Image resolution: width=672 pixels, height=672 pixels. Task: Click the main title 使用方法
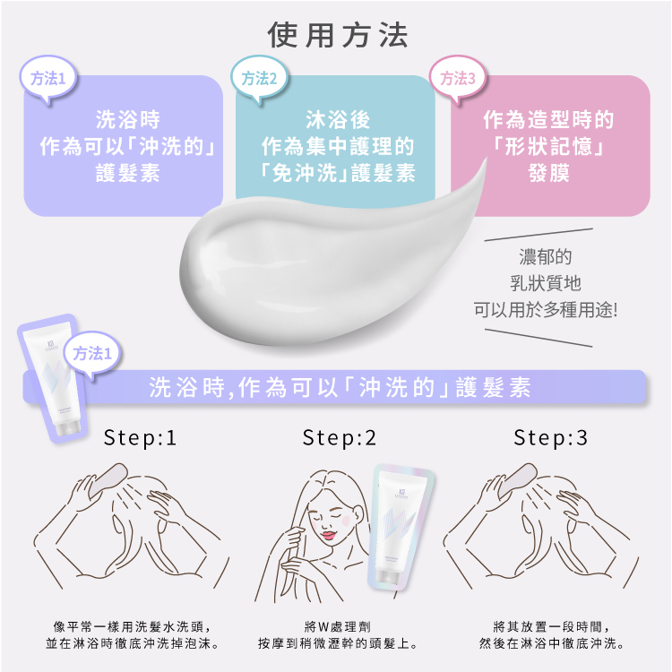point(338,35)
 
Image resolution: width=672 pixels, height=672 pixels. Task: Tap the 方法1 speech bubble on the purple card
point(48,79)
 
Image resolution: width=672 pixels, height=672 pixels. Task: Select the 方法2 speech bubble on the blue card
point(259,79)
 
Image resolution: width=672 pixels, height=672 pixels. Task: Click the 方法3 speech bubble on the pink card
point(458,79)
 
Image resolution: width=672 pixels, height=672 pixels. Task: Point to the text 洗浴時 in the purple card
point(128,119)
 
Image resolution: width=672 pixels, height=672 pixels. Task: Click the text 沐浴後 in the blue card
point(338,119)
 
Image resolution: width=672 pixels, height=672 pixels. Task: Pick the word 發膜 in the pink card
point(549,173)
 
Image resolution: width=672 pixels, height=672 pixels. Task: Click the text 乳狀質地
point(546,283)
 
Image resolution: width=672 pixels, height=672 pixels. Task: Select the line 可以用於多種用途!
point(546,310)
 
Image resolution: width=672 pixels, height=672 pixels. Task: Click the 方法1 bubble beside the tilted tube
point(92,354)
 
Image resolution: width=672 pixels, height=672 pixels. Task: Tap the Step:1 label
point(140,437)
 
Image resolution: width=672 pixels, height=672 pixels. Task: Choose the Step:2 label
point(339,437)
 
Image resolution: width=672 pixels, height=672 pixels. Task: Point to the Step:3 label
point(550,437)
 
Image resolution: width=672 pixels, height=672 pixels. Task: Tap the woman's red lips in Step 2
point(329,536)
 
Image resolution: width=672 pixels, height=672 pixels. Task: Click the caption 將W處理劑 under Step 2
point(338,626)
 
